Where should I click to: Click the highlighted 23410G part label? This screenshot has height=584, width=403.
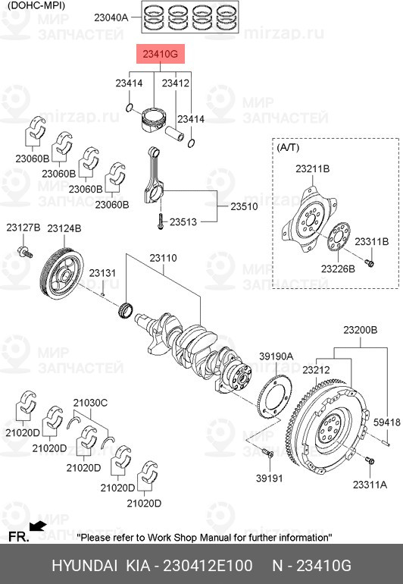point(161,54)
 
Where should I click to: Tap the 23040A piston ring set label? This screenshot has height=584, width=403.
point(111,17)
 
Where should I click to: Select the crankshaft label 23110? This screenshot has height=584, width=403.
point(163,258)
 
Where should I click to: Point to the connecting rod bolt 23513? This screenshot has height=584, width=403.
point(161,221)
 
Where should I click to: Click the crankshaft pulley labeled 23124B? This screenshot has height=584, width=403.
point(62,273)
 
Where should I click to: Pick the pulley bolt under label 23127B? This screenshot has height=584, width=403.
point(25,252)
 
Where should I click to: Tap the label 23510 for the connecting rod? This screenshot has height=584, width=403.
point(244,206)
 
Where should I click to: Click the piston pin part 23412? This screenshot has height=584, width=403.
point(174,133)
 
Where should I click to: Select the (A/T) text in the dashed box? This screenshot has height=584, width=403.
point(288,147)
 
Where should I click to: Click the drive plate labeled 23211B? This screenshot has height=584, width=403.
point(310,220)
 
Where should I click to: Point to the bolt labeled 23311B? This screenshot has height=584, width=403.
point(370,263)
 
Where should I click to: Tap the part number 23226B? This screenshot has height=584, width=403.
point(338,268)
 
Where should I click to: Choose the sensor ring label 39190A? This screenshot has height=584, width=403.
point(276,356)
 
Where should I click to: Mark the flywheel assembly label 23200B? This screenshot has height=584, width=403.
point(361,330)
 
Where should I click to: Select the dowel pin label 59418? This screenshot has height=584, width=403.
point(387,422)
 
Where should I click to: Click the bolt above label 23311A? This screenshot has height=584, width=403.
point(370,461)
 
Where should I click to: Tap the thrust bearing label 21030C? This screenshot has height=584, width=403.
point(90,403)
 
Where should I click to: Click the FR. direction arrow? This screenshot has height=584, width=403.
point(38,526)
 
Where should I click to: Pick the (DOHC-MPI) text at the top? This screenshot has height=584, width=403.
point(36,5)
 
